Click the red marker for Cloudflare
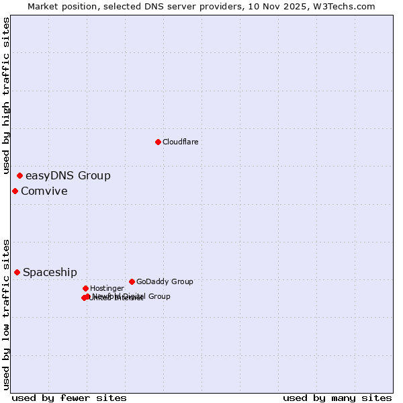click(x=158, y=142)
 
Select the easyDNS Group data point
click(x=19, y=176)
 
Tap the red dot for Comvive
click(x=15, y=191)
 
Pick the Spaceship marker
click(x=17, y=272)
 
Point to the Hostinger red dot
click(x=85, y=288)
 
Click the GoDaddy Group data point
click(x=132, y=281)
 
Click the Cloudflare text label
click(x=180, y=142)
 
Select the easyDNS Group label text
click(x=68, y=176)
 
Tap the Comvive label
click(x=44, y=191)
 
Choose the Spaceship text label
click(x=50, y=272)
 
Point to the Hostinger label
click(x=107, y=289)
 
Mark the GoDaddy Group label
click(x=165, y=282)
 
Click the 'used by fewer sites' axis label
click(x=69, y=398)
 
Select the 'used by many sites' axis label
click(x=337, y=398)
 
